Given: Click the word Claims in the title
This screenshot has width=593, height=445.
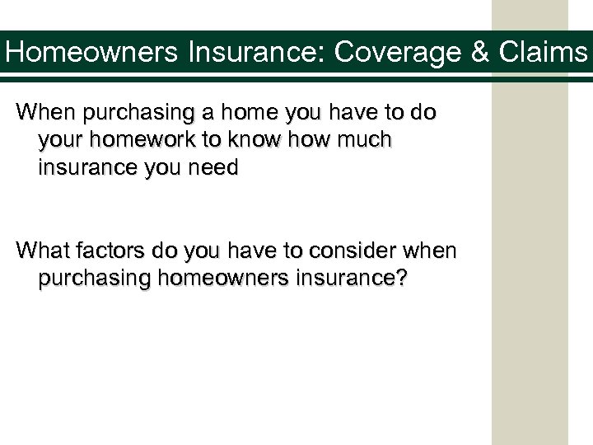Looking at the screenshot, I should pyautogui.click(x=544, y=54).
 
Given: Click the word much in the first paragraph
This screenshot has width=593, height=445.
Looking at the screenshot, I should pyautogui.click(x=362, y=141).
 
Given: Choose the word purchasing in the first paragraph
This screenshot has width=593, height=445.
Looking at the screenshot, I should pyautogui.click(x=131, y=112).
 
